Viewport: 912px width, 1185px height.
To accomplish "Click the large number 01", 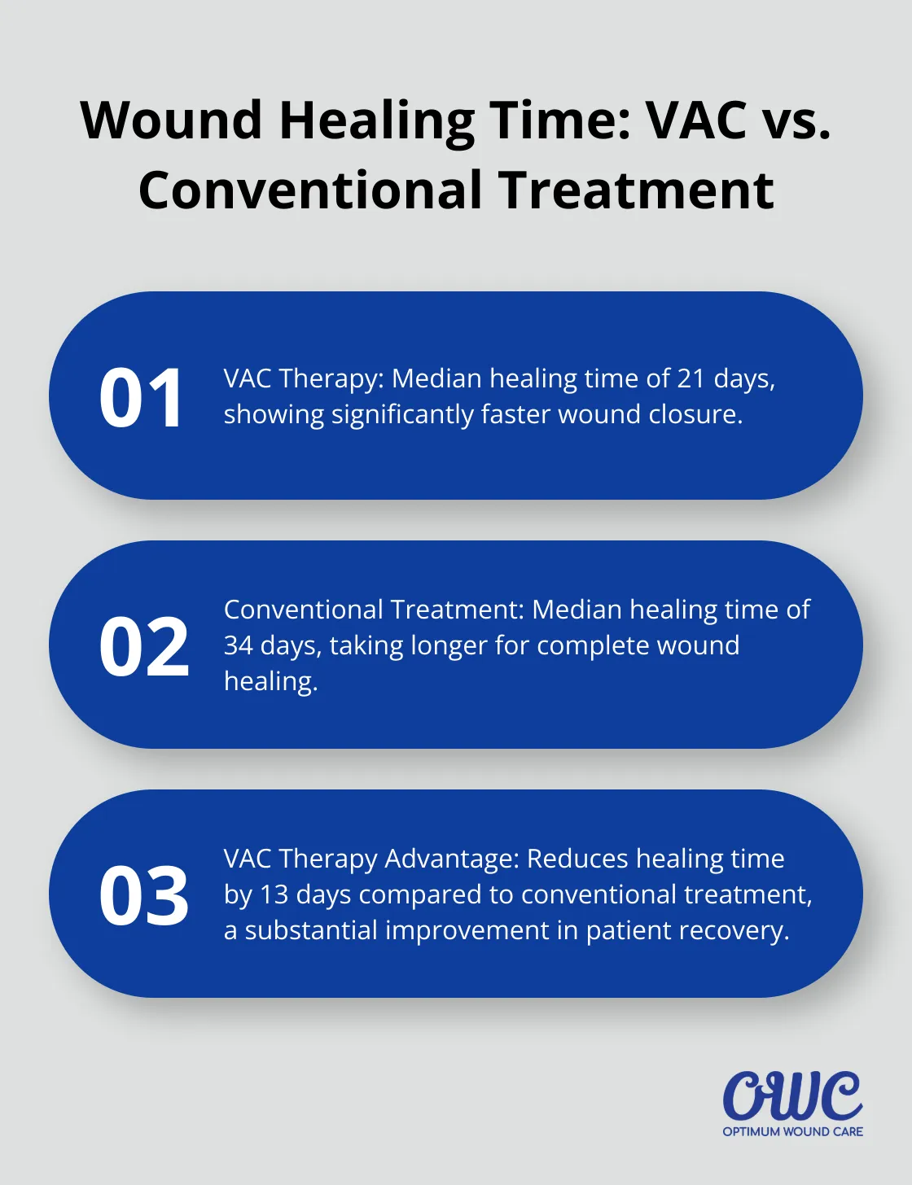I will (x=142, y=398).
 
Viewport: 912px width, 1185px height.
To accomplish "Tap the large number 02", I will (x=144, y=647).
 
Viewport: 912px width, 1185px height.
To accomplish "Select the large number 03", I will (x=144, y=896).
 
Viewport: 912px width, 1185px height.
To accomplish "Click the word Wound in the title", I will (x=172, y=120).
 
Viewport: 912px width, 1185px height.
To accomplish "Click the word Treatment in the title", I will (x=636, y=190).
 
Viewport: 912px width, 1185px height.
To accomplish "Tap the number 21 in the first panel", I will (x=691, y=378).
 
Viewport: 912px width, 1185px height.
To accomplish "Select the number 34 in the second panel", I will (x=239, y=645).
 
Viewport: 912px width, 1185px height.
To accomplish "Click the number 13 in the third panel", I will (x=274, y=894).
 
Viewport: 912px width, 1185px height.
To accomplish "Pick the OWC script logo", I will (x=792, y=1095).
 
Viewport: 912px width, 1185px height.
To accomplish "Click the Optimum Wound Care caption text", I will (x=792, y=1131).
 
